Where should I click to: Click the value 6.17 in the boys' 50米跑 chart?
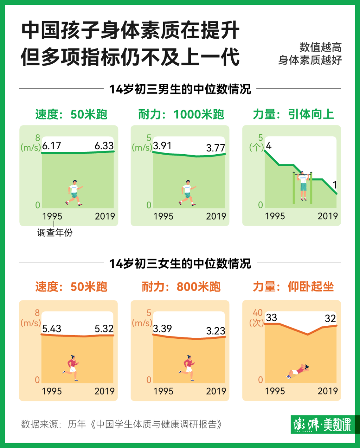coord(52,145)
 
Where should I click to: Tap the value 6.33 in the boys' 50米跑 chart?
coord(104,145)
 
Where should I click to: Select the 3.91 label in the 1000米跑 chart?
coord(162,145)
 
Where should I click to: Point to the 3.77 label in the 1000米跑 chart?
coord(216,148)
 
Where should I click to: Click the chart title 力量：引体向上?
coord(293,114)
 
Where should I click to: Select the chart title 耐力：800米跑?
coord(181,287)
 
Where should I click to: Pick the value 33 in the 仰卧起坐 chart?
coord(271,318)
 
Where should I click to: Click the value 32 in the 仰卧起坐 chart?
coord(330,318)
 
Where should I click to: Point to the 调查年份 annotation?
coord(55,233)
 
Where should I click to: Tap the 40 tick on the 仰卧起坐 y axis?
coord(258,312)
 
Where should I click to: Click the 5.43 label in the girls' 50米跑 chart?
coord(52,329)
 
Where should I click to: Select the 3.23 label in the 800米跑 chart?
coord(216,331)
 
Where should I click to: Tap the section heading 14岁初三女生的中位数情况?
coord(180,263)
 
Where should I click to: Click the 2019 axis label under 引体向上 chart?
coord(327,216)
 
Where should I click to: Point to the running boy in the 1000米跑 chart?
coord(187,193)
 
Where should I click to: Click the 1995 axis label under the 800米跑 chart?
coord(163,391)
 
